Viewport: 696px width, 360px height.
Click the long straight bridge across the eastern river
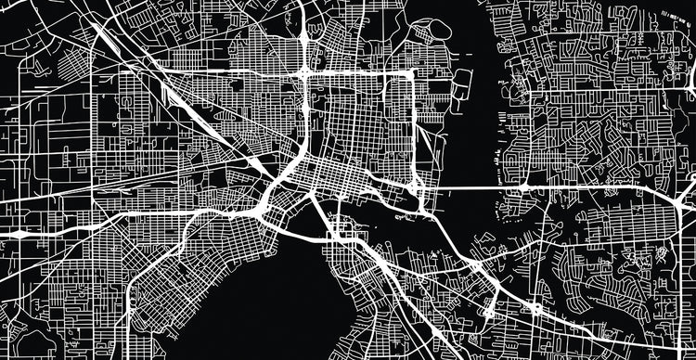(464, 187)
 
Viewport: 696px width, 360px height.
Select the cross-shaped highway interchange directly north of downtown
(305, 71)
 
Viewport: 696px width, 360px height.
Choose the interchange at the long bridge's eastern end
(525, 187)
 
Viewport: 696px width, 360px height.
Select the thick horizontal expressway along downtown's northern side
(362, 71)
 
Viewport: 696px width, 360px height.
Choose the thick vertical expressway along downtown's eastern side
(415, 130)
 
